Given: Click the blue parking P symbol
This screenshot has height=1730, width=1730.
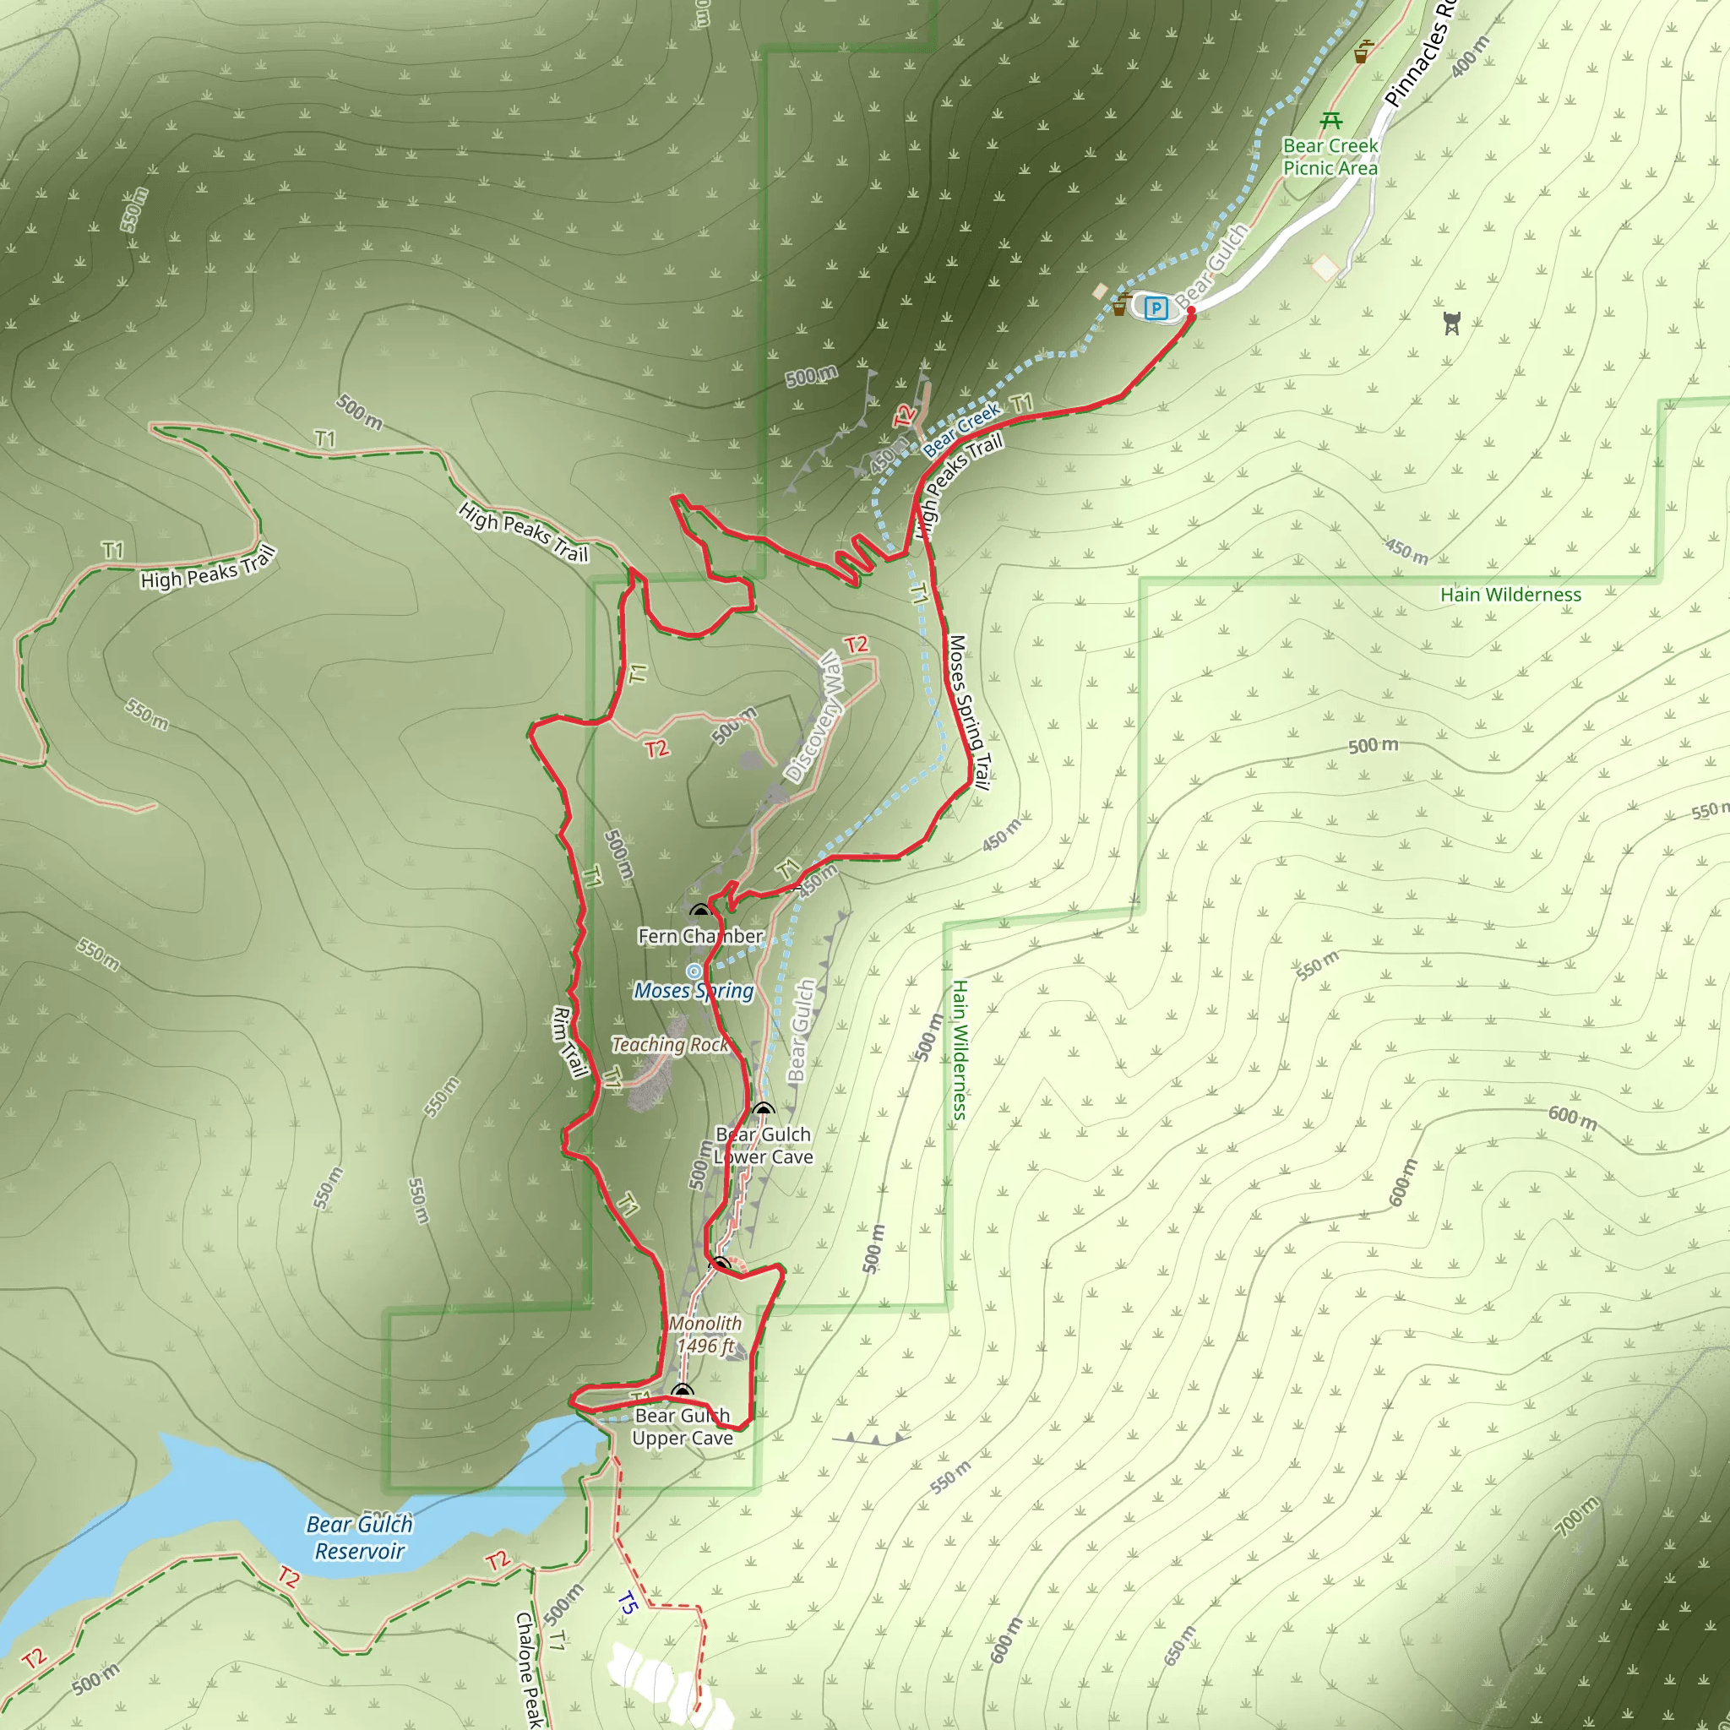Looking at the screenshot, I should pyautogui.click(x=1156, y=308).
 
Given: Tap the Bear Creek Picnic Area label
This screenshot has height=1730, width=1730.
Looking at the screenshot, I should pyautogui.click(x=1330, y=157).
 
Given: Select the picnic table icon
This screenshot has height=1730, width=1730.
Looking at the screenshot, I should pyautogui.click(x=1331, y=120).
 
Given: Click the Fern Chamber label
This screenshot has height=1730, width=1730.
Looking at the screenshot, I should pyautogui.click(x=700, y=936).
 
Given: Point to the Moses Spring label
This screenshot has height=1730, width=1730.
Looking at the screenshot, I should pyautogui.click(x=694, y=990).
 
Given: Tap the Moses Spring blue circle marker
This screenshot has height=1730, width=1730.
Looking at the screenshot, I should pyautogui.click(x=694, y=971).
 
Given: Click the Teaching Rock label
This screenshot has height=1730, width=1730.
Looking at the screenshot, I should pyautogui.click(x=670, y=1044).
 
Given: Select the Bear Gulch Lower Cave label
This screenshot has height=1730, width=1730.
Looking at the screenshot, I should pyautogui.click(x=763, y=1145).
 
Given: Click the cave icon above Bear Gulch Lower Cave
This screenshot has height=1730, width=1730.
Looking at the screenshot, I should pyautogui.click(x=762, y=1110).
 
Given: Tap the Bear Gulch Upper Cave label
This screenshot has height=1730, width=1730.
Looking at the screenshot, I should pyautogui.click(x=683, y=1427).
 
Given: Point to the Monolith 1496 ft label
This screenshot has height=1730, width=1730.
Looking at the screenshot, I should pyautogui.click(x=705, y=1334).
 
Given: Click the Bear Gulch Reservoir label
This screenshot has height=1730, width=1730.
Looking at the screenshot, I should pyautogui.click(x=359, y=1537).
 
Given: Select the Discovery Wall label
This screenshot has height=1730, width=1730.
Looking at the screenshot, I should pyautogui.click(x=814, y=716).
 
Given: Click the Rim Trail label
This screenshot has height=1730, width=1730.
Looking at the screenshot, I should pyautogui.click(x=569, y=1043).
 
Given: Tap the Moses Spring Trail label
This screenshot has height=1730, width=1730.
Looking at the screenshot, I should pyautogui.click(x=970, y=713).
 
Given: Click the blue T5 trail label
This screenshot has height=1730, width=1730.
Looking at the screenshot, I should pyautogui.click(x=627, y=1602).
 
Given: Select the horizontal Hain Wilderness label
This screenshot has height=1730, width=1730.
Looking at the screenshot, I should pyautogui.click(x=1510, y=595).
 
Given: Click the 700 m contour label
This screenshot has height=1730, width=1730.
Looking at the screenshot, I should pyautogui.click(x=1576, y=1516).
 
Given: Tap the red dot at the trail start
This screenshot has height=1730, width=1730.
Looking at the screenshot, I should pyautogui.click(x=1191, y=311).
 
